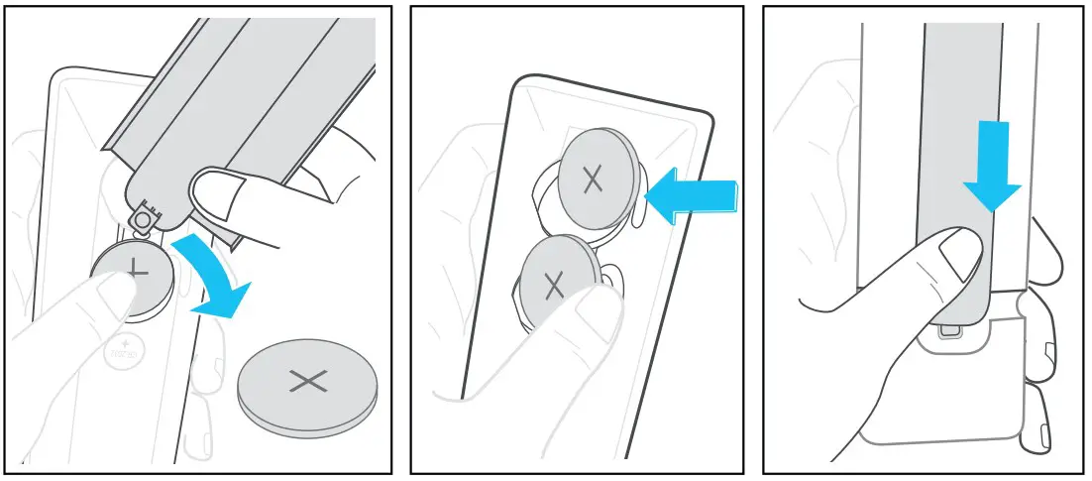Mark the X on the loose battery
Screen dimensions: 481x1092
[308, 380]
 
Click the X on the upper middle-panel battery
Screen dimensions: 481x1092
[593, 180]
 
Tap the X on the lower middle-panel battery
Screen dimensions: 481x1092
[553, 287]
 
